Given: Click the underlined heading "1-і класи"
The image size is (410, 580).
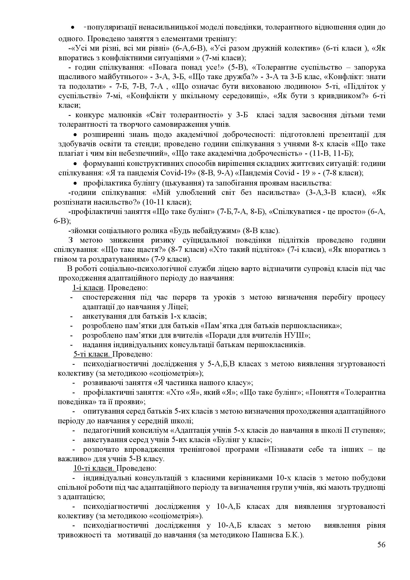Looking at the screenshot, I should point(88,288).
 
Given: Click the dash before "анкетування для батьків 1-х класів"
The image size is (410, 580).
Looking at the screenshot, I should point(71,316).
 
